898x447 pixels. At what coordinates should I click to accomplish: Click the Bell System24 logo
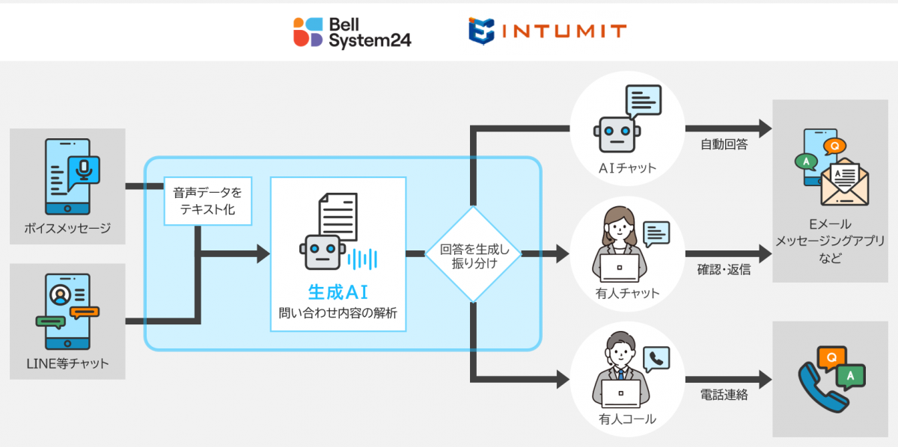point(351,31)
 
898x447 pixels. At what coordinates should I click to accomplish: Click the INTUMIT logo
point(547,31)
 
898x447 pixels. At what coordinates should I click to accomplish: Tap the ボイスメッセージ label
point(67,228)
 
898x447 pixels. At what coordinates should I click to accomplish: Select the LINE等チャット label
point(67,363)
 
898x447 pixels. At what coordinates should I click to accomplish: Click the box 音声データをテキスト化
point(207,201)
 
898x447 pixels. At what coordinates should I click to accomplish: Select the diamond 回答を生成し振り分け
point(473,255)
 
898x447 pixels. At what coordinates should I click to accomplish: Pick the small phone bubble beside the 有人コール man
point(656,359)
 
